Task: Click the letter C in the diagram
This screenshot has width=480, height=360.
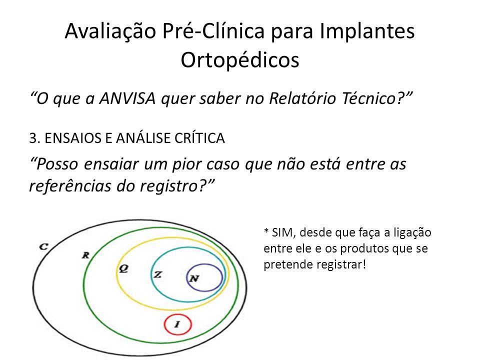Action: pyautogui.click(x=44, y=246)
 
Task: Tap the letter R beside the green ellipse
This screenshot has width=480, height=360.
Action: pyautogui.click(x=85, y=255)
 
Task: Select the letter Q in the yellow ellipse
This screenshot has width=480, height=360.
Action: pyautogui.click(x=123, y=268)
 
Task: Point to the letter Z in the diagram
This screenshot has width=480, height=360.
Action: pyautogui.click(x=157, y=274)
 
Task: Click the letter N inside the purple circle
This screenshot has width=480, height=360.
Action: pyautogui.click(x=194, y=278)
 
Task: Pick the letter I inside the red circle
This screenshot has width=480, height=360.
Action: pyautogui.click(x=177, y=324)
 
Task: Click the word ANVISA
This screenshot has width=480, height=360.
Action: pyautogui.click(x=127, y=98)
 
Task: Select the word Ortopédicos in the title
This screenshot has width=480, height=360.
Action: pyautogui.click(x=240, y=60)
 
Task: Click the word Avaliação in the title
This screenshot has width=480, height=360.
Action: pyautogui.click(x=110, y=31)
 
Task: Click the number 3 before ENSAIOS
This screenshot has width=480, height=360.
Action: pyautogui.click(x=33, y=138)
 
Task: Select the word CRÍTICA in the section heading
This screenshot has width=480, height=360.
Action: pyautogui.click(x=199, y=138)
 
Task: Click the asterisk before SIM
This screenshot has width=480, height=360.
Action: pyautogui.click(x=266, y=230)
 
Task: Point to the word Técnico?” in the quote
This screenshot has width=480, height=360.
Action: pyautogui.click(x=377, y=98)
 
